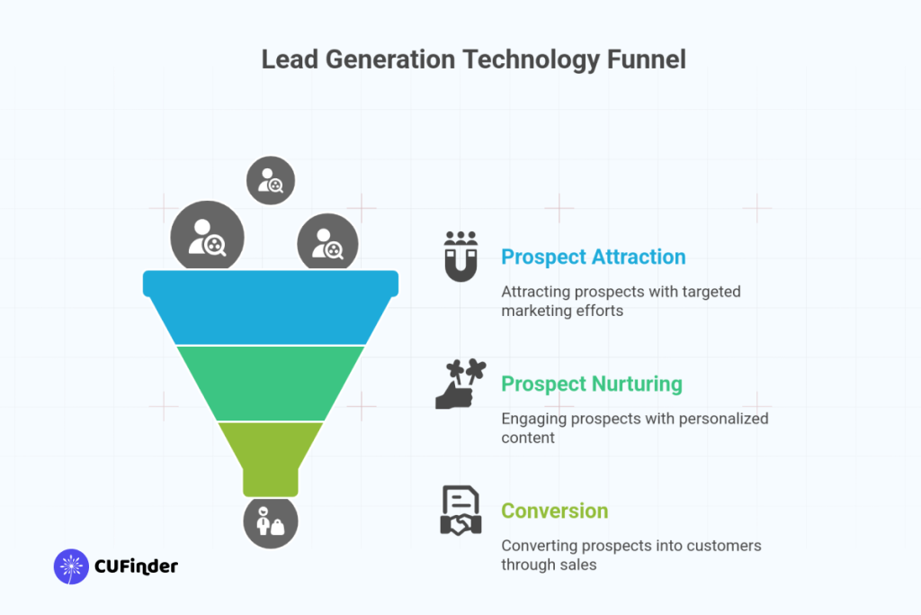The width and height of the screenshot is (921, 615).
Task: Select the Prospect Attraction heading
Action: pos(593,257)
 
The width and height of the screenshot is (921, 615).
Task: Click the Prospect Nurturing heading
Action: pos(591,384)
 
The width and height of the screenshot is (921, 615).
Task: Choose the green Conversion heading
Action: pos(554,511)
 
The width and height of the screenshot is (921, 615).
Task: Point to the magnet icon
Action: pos(460,256)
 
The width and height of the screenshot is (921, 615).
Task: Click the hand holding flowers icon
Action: pos(460,384)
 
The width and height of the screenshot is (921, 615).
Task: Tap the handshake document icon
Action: pos(460,511)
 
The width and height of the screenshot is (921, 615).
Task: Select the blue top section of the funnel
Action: pos(270,306)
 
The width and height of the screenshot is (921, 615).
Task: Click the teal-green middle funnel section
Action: pos(270,383)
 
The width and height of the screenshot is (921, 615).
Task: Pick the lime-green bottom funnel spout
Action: pos(270,455)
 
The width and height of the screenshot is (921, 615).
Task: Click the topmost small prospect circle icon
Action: pos(271,181)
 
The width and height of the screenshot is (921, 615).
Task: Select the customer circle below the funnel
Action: pos(270,522)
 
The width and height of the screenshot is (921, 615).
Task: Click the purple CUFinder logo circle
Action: pos(71,566)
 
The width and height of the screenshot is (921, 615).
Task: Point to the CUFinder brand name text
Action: pos(136,566)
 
